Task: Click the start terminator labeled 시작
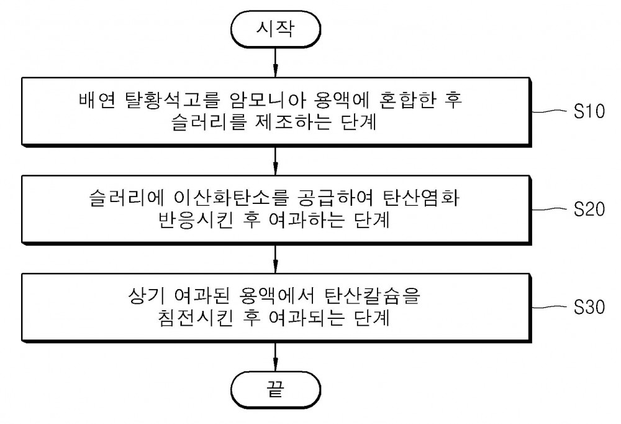pyautogui.click(x=275, y=29)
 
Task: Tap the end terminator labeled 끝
pyautogui.click(x=275, y=389)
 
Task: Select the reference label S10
pyautogui.click(x=589, y=111)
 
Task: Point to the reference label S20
pyautogui.click(x=589, y=209)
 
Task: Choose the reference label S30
pyautogui.click(x=589, y=307)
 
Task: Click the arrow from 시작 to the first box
pyautogui.click(x=275, y=62)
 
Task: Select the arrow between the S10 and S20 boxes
pyautogui.click(x=275, y=161)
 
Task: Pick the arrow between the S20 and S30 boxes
pyautogui.click(x=275, y=259)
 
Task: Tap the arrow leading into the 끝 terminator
pyautogui.click(x=275, y=357)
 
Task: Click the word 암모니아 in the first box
pyautogui.click(x=268, y=100)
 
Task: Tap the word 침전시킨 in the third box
pyautogui.click(x=195, y=318)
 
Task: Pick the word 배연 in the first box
pyautogui.click(x=97, y=100)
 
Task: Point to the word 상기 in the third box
pyautogui.click(x=146, y=296)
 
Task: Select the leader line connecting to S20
pyautogui.click(x=550, y=209)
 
